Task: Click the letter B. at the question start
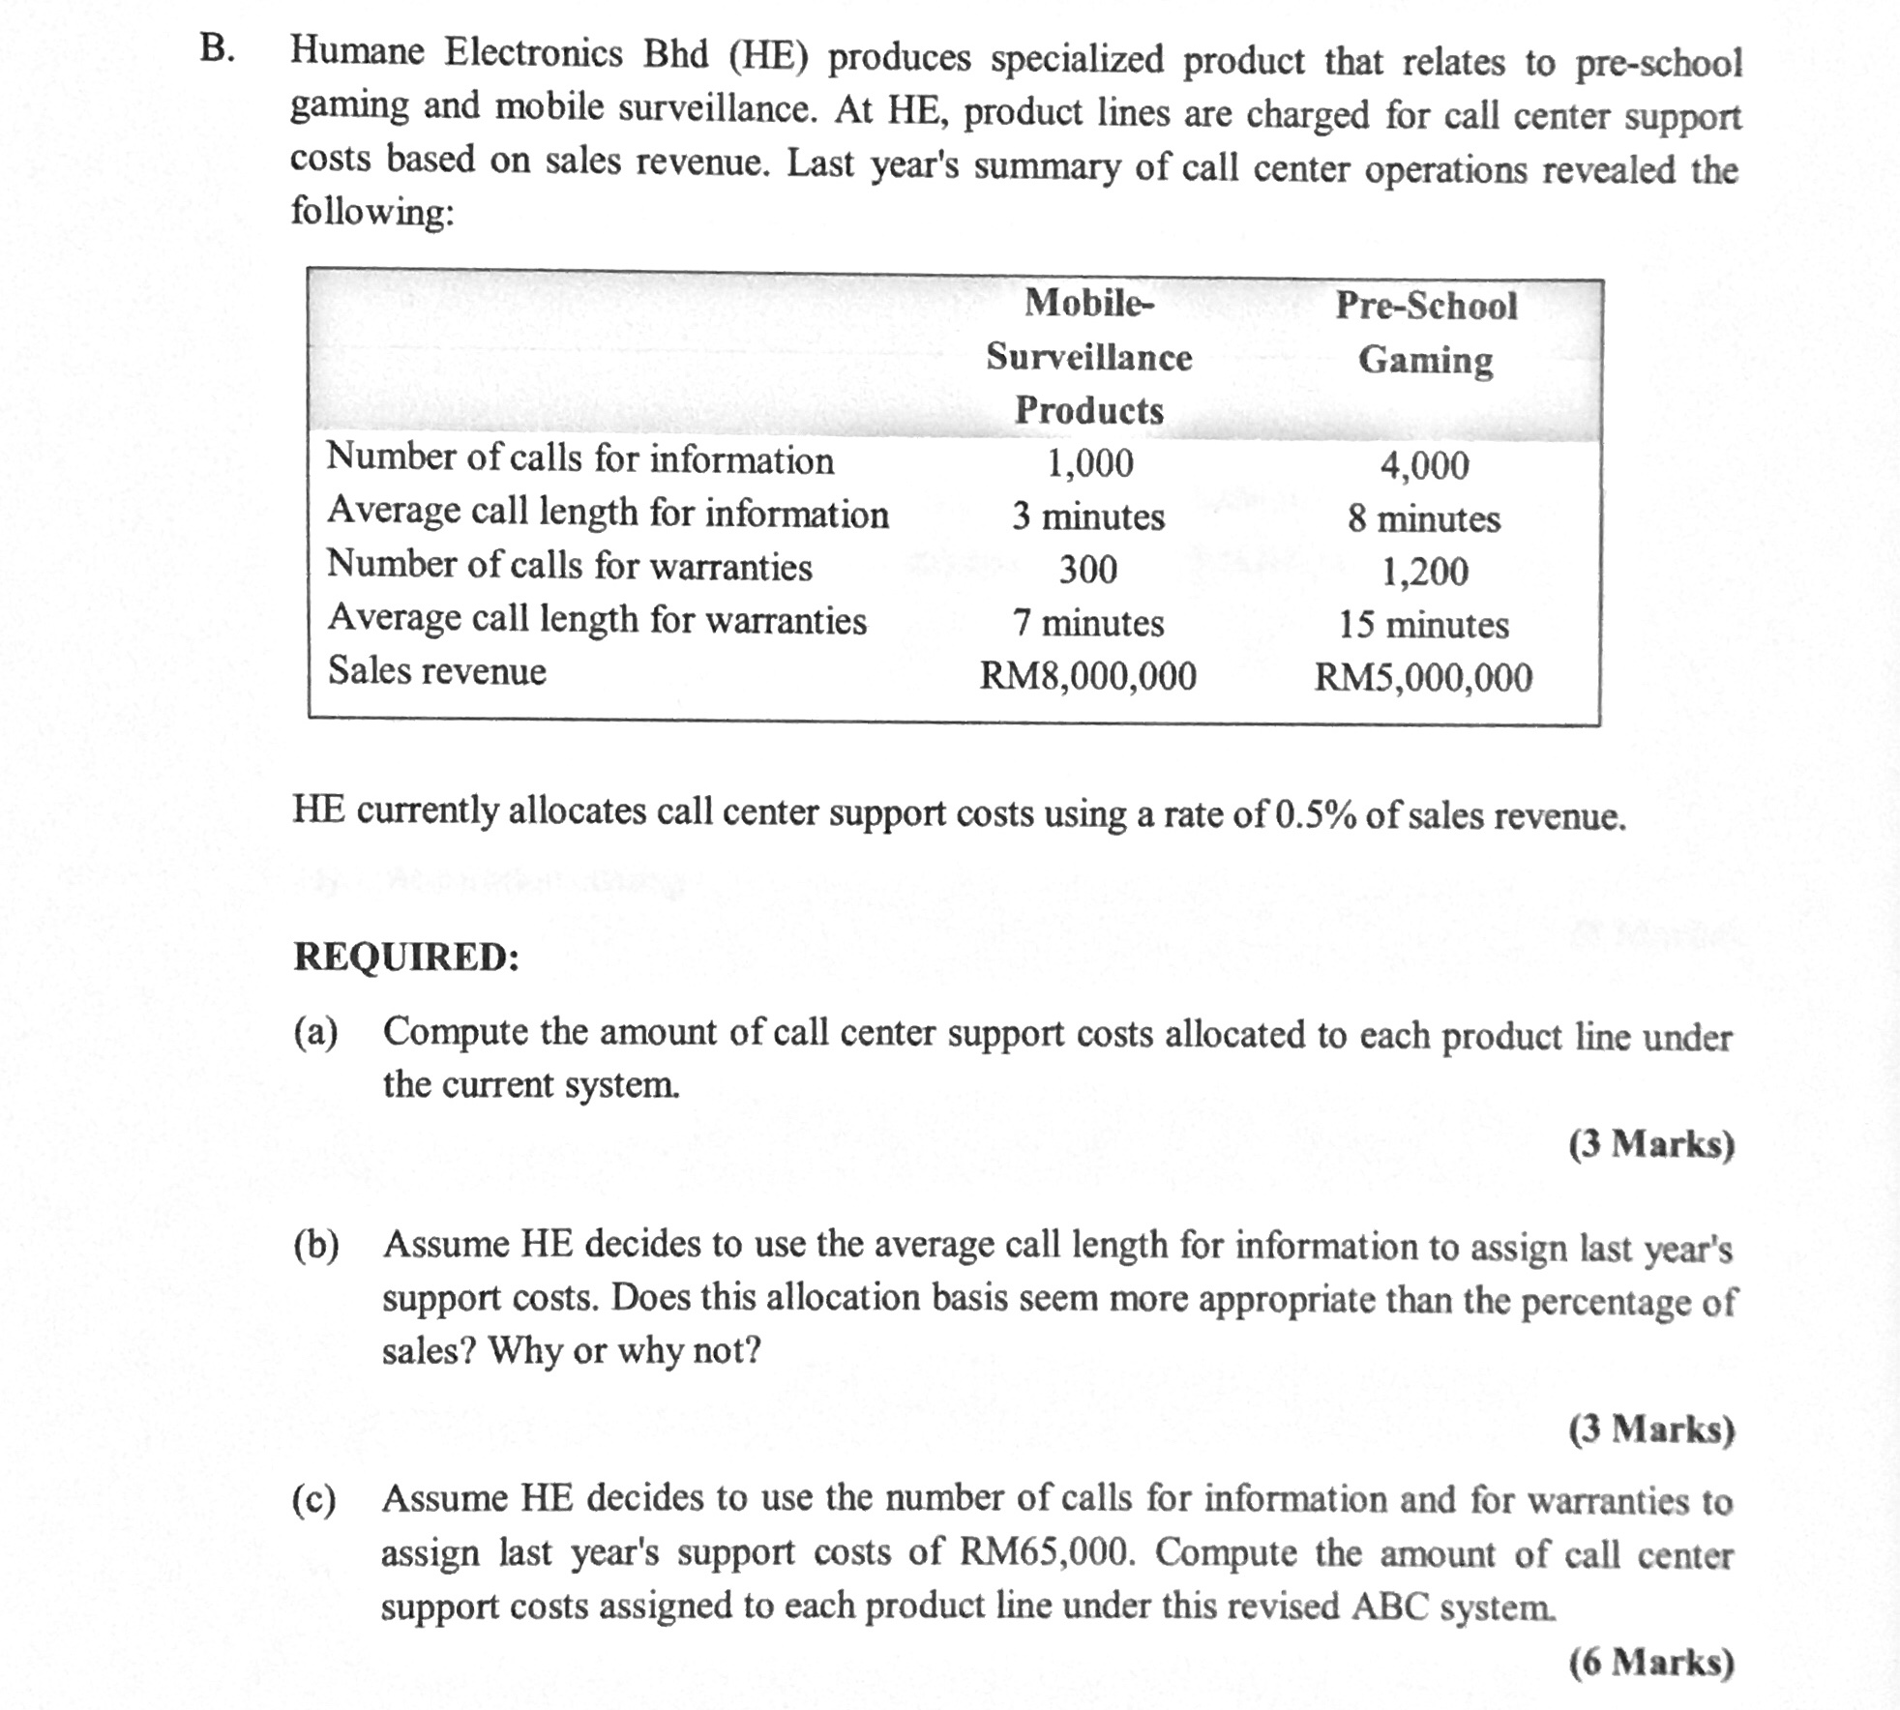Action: (218, 48)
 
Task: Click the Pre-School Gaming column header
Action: (1426, 333)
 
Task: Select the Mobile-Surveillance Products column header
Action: (1089, 357)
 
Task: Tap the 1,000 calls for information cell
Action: (1090, 463)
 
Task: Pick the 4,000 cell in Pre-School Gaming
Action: (1424, 466)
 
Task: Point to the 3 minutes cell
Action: (1088, 516)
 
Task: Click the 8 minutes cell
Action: (1424, 519)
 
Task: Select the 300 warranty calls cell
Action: (1088, 569)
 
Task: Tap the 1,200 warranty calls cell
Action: (1424, 572)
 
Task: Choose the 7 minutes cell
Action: (1088, 622)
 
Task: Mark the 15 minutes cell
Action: (1424, 625)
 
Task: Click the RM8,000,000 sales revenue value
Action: (1088, 675)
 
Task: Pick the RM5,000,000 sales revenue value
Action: (1423, 677)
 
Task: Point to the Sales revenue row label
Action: (437, 670)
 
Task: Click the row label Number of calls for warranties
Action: (569, 565)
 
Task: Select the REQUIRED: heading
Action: (406, 957)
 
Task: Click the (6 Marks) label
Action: (1651, 1662)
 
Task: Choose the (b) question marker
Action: (316, 1246)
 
